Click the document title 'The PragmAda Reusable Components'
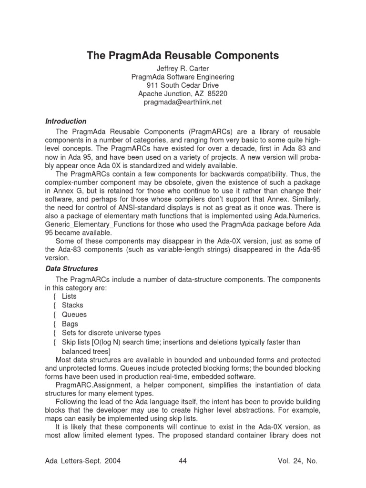[x=183, y=56]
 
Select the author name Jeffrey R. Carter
[x=183, y=69]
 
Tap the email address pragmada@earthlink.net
[x=183, y=102]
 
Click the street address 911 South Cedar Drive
[x=183, y=85]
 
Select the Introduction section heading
[x=66, y=121]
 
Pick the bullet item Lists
[x=69, y=296]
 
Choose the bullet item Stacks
[x=72, y=305]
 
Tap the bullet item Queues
[x=74, y=315]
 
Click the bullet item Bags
[x=70, y=324]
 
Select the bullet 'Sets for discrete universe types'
[x=111, y=333]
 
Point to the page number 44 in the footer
[x=182, y=461]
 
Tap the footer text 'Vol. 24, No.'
[x=297, y=461]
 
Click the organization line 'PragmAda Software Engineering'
[x=183, y=77]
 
